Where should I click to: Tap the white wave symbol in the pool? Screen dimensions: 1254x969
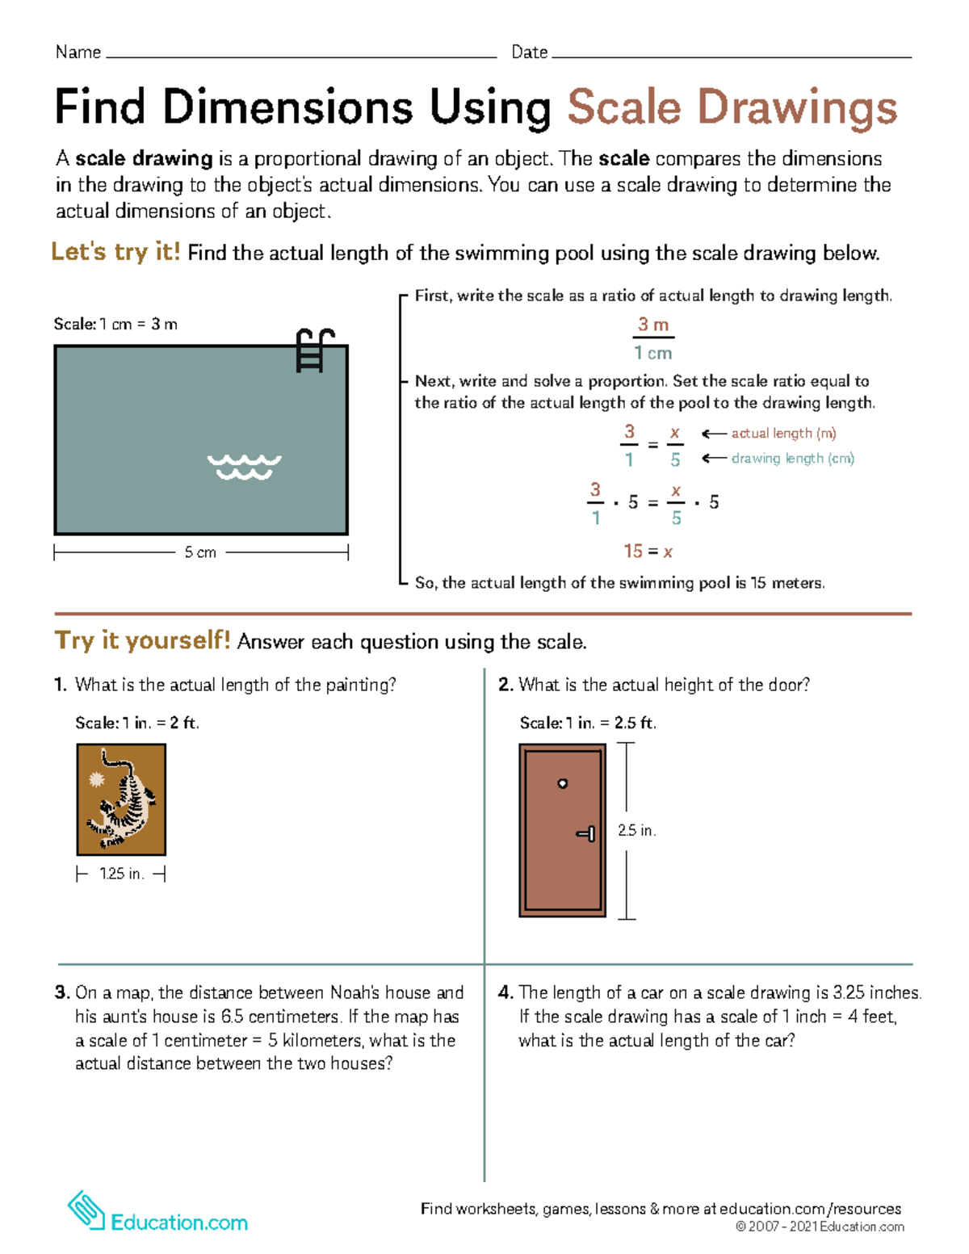pos(244,467)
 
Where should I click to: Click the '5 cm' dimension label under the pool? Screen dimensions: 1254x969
pos(200,552)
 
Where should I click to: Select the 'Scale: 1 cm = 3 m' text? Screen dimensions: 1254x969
pos(115,325)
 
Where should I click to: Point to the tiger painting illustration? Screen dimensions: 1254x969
pos(121,799)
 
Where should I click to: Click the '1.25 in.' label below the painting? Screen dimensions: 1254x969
pos(121,874)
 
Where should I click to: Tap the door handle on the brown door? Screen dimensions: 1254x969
pos(587,833)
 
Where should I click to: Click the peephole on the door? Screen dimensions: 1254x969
pos(563,783)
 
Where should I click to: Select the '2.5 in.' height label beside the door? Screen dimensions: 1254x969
pos(636,830)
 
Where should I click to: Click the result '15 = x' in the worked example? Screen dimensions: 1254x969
pos(648,552)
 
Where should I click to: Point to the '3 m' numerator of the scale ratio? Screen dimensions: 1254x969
pos(652,325)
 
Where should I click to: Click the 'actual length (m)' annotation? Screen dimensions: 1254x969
pos(783,434)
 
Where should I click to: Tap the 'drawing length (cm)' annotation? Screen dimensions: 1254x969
pos(792,459)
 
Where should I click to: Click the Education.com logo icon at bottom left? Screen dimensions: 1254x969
pos(86,1210)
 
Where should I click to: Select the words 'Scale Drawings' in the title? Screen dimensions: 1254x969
pos(732,108)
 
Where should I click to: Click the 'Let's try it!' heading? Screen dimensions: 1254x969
pos(115,252)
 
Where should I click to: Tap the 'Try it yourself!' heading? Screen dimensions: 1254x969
pos(142,641)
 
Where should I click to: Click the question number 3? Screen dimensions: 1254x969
pos(61,992)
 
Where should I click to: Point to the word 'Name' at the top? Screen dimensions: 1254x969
pos(78,52)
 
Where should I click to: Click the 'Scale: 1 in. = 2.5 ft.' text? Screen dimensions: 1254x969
pos(588,723)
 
